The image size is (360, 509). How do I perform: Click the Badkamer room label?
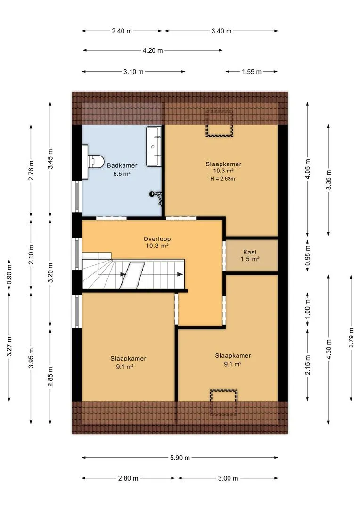pos(122,165)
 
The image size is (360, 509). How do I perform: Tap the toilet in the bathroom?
pos(92,162)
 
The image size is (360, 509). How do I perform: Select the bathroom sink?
pos(154,147)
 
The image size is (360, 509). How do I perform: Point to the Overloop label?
pos(157,239)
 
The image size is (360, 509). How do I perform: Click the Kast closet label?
pos(250,252)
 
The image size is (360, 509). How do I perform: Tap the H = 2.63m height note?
pos(223,179)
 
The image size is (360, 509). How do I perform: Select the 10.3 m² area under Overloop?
pos(157,246)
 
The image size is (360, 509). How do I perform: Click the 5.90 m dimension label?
pos(180,458)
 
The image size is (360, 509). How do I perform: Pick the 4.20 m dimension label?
pos(153,50)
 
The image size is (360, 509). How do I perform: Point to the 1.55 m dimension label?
pos(252,72)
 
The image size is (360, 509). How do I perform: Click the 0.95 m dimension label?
pos(308,255)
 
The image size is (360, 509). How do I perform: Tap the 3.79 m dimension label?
pos(351,338)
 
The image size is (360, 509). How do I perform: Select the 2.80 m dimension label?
pos(128,478)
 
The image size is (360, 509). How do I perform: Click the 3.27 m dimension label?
pos(9,347)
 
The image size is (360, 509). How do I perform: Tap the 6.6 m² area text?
pos(122,174)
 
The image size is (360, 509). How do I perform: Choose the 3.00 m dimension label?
pos(228,478)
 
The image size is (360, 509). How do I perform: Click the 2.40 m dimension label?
pos(122,31)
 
